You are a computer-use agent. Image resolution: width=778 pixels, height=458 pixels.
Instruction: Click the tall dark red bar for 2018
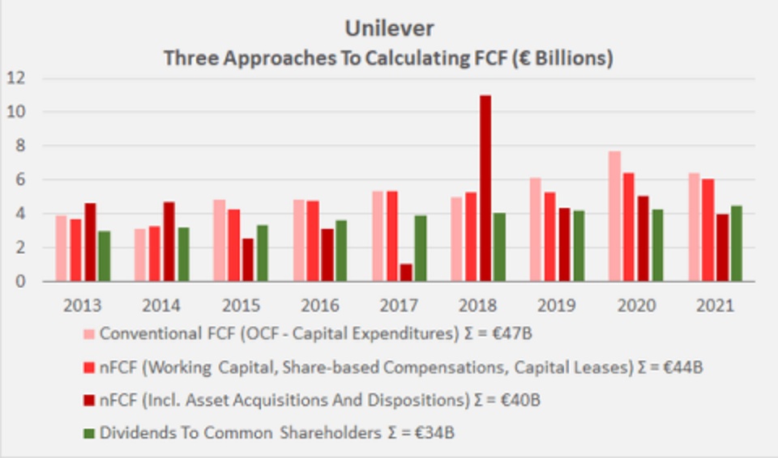point(485,189)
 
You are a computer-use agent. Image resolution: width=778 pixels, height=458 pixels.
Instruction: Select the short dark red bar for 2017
point(406,273)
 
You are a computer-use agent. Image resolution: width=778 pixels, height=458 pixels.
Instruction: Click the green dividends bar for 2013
point(104,257)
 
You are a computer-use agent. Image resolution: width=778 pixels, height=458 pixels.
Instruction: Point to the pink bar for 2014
point(141,255)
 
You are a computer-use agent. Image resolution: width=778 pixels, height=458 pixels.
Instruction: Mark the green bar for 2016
point(341,251)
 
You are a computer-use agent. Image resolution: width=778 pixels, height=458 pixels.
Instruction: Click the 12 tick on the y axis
point(17,78)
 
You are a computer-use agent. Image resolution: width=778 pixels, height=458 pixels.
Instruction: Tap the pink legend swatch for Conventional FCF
point(88,334)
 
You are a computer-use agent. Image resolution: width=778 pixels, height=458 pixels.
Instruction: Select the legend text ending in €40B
point(276,400)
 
